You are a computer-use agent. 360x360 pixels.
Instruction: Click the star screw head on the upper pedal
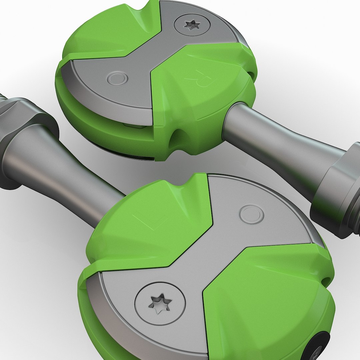[x=192, y=25]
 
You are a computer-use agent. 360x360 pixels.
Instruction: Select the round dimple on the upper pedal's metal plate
[x=117, y=79]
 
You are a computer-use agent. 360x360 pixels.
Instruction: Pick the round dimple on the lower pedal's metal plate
[x=251, y=214]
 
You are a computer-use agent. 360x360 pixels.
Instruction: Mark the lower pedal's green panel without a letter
[x=267, y=300]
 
